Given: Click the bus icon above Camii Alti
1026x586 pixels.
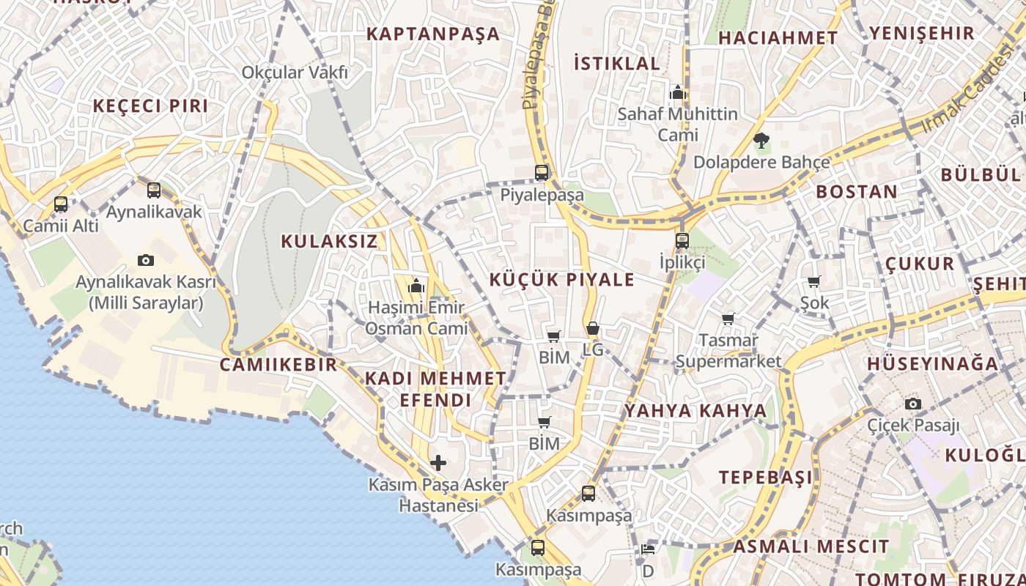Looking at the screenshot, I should tap(61, 204).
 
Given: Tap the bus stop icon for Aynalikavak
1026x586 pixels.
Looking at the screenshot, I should tap(154, 190).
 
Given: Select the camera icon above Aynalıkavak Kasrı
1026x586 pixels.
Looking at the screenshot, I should tap(146, 260).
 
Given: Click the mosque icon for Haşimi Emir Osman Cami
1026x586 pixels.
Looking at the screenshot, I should tap(416, 286).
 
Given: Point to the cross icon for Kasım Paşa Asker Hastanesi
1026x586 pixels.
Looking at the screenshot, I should tap(438, 463).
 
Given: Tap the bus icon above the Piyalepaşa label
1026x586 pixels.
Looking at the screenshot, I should tap(542, 173).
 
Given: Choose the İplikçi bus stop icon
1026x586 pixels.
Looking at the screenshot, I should tap(682, 240).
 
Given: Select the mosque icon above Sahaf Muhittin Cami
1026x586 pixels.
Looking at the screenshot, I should tap(678, 92).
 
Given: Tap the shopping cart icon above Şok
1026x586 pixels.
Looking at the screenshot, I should tap(814, 281).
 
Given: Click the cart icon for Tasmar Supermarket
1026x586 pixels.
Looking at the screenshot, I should tap(728, 319).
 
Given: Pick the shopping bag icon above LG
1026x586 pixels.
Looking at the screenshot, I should tap(592, 328).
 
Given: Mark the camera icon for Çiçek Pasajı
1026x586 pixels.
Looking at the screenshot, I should tap(913, 404).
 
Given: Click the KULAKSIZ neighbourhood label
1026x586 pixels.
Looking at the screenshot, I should tap(329, 241).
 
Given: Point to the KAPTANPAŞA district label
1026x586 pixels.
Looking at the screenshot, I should tap(432, 34).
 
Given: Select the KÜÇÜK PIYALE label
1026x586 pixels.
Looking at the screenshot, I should tap(561, 280).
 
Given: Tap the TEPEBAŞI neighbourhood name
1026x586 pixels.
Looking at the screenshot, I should tap(765, 478).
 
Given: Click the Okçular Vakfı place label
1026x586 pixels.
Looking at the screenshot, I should tap(295, 73).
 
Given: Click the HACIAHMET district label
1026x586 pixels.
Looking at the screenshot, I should tap(778, 38).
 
